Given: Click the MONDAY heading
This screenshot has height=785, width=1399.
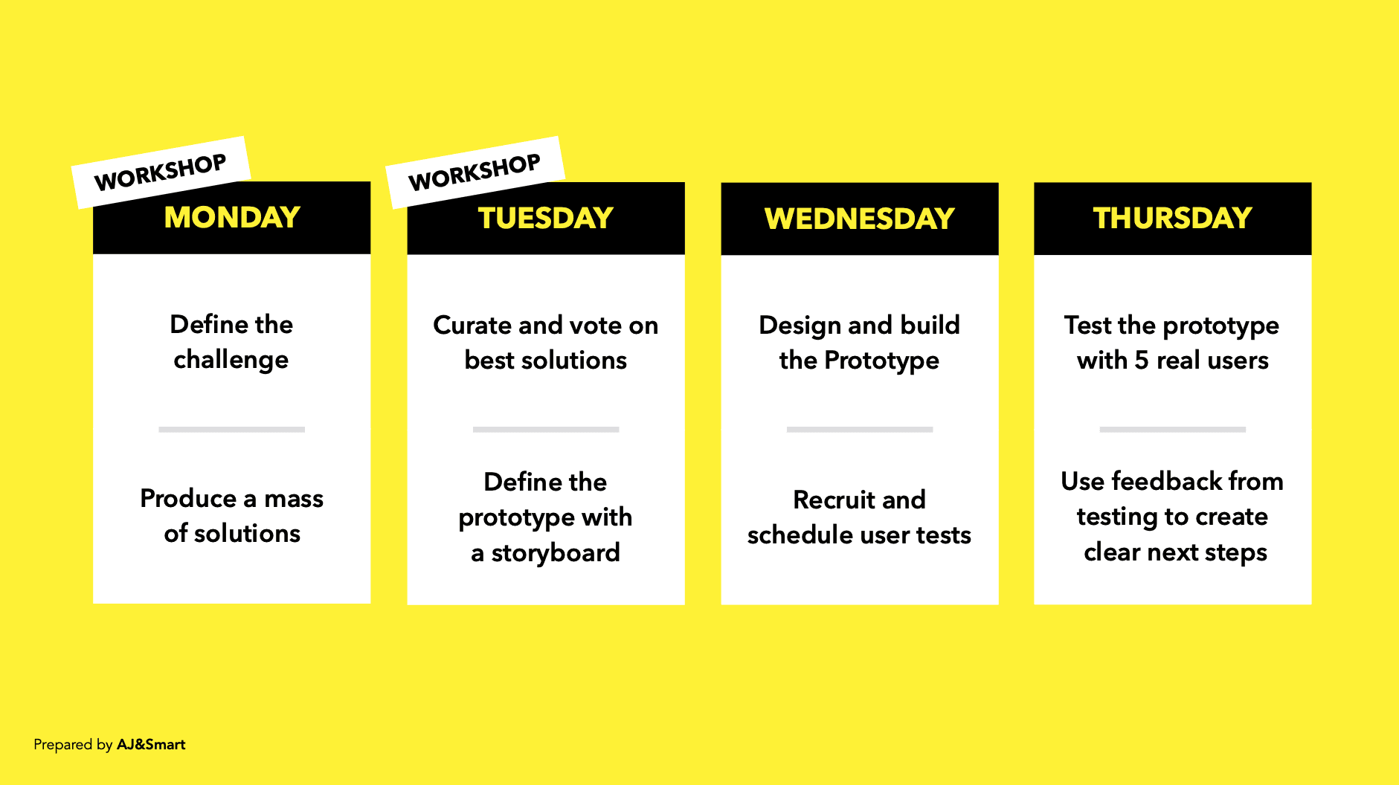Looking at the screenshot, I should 232,218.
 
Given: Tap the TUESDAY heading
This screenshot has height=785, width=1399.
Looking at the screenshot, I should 545,219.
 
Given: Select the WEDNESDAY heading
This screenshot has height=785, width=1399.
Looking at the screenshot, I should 859,219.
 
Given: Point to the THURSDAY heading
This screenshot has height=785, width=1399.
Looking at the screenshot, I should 1172,219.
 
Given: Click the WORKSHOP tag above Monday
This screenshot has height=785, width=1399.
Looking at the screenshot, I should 161,172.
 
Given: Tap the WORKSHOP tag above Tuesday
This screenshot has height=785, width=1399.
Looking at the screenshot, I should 475,172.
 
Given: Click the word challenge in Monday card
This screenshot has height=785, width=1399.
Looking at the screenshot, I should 231,361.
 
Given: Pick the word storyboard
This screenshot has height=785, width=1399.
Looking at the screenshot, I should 556,553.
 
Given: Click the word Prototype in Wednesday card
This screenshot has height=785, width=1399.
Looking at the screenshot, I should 881,361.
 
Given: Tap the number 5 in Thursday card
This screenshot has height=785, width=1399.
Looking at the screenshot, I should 1141,361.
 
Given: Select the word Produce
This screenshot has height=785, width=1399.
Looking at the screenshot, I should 187,498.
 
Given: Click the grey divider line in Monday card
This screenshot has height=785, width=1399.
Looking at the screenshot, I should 231,430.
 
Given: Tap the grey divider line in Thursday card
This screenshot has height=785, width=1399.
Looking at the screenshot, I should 1172,430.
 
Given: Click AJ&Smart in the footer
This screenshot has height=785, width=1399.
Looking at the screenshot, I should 151,745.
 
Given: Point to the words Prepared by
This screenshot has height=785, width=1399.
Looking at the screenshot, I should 73,745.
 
